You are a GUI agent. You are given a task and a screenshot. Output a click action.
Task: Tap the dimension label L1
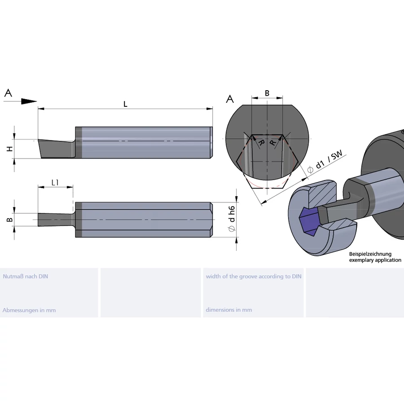click(x=55, y=182)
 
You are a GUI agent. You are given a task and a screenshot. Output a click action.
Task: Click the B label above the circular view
click(x=267, y=93)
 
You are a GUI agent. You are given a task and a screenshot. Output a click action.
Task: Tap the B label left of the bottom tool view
click(x=9, y=220)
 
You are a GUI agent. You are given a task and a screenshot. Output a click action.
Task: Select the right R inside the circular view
click(x=272, y=143)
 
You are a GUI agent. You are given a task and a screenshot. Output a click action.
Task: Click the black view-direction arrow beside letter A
click(x=28, y=101)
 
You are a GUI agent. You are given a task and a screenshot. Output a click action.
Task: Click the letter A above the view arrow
click(x=8, y=93)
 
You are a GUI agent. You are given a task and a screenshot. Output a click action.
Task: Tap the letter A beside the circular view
click(x=230, y=98)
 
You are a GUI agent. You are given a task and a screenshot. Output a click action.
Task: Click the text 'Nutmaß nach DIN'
click(x=25, y=277)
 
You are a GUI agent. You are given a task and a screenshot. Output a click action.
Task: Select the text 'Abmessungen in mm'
click(x=29, y=310)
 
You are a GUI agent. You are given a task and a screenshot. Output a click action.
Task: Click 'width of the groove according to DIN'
click(x=254, y=277)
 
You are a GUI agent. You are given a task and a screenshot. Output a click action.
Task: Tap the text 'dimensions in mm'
click(x=229, y=310)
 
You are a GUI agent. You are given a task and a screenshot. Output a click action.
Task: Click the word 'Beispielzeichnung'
click(x=370, y=254)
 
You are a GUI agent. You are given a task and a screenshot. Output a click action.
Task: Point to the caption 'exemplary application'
click(x=375, y=260)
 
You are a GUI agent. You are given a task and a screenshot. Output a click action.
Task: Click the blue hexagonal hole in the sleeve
click(x=309, y=221)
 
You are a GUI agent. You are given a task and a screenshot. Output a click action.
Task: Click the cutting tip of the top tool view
click(x=40, y=141)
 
